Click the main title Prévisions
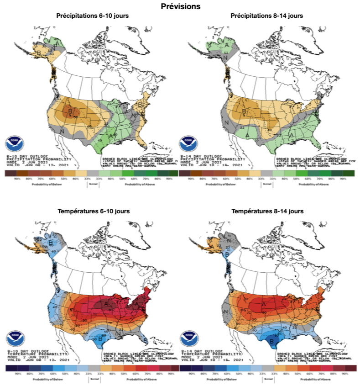pos(180,6)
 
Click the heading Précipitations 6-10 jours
pos(92,16)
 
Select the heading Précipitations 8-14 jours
pos(267,16)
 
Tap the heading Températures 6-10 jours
pos(93,211)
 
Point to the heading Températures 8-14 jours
pos(267,211)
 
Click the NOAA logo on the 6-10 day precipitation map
pos(14,143)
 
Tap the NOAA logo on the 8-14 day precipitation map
pos(189,143)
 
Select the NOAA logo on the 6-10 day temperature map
pos(14,338)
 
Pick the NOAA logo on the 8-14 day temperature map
pos(189,338)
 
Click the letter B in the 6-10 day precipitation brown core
pos(70,111)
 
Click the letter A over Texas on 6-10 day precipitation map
pos(110,135)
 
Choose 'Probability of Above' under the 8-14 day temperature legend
pos(318,379)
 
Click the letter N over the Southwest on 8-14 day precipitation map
pos(226,122)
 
